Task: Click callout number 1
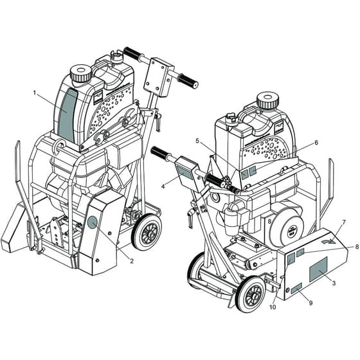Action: coord(35,93)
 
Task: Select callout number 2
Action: coord(132,261)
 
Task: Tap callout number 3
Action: coord(334,283)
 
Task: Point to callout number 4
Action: coord(163,186)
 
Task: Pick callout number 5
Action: coord(197,141)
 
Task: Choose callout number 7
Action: coord(344,222)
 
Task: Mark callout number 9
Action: coord(310,303)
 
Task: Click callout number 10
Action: coord(273,307)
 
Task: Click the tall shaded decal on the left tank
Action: coord(67,116)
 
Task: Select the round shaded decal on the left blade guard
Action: coord(93,222)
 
